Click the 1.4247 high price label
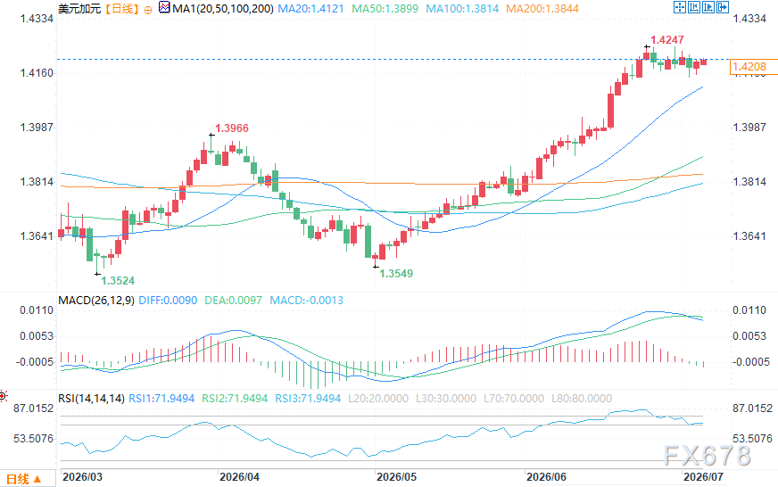(x=667, y=39)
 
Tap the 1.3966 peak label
(x=232, y=128)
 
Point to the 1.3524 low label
(x=118, y=281)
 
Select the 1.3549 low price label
(x=396, y=273)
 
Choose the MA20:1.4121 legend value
(x=310, y=8)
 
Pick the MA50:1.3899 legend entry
(x=385, y=8)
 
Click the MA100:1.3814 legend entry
(x=462, y=8)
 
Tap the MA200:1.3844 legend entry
(x=542, y=8)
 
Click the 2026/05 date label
(x=396, y=476)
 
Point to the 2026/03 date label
(x=82, y=476)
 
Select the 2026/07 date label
(x=703, y=476)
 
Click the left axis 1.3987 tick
(x=37, y=128)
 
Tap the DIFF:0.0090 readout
(x=168, y=300)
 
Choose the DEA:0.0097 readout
(x=233, y=300)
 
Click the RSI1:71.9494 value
(x=161, y=398)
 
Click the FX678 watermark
(x=708, y=455)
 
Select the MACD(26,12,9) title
(x=96, y=300)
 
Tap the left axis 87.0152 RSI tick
(x=33, y=409)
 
